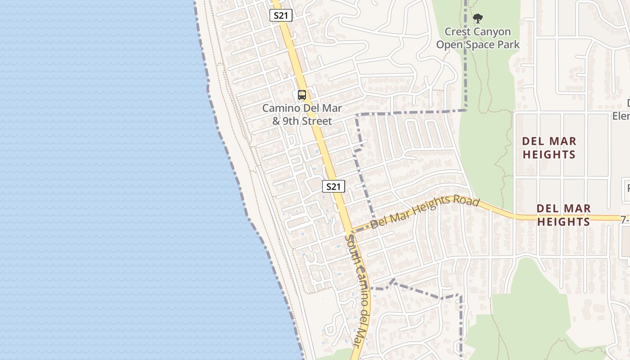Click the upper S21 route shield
[281, 15]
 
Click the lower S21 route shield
[333, 186]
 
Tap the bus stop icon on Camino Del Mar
[302, 95]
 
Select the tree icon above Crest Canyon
[478, 18]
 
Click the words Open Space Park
[478, 45]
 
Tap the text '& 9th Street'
[302, 121]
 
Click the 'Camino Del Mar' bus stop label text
[302, 108]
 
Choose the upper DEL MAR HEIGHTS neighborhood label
[549, 148]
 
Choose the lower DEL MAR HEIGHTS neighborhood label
[564, 215]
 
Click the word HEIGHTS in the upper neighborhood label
[549, 155]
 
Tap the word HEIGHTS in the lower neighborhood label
[564, 222]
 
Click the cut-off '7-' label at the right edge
[625, 220]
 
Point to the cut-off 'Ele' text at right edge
[621, 116]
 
